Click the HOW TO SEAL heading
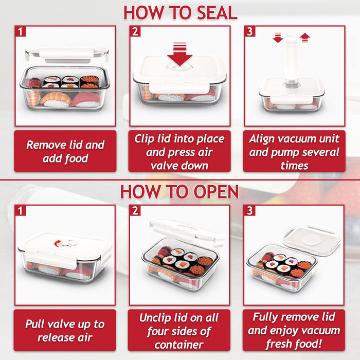(x=179, y=12)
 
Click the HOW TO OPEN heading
(x=179, y=192)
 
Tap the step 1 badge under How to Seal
(x=21, y=32)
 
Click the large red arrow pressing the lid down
(x=179, y=55)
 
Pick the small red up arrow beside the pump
(x=305, y=38)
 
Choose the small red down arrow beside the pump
(x=278, y=38)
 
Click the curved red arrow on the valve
(x=61, y=243)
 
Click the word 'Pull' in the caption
(x=37, y=325)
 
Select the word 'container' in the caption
(x=179, y=344)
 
